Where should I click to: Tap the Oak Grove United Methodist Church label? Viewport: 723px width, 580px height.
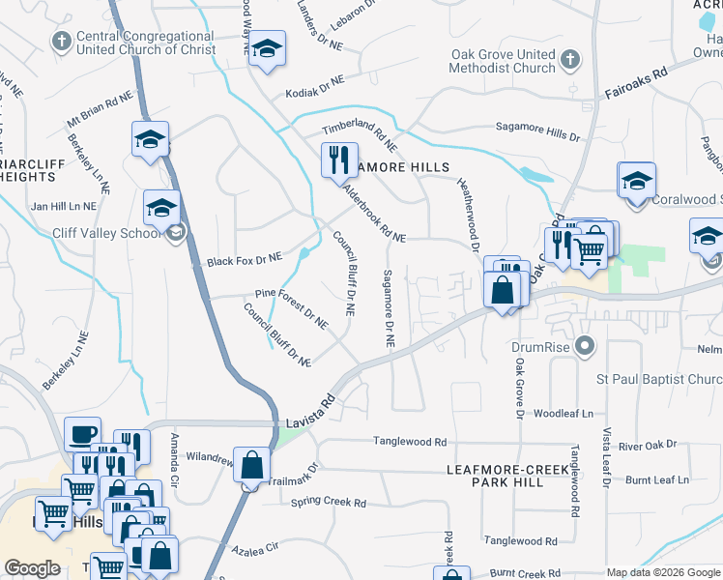point(504,61)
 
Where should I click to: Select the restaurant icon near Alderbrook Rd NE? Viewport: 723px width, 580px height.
point(339,159)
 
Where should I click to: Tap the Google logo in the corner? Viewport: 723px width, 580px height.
point(32,568)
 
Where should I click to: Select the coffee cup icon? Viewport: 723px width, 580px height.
point(82,433)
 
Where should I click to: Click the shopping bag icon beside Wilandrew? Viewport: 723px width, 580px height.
point(251,465)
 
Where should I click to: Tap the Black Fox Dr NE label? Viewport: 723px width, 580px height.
point(244,259)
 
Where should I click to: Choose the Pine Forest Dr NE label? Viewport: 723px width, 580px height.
point(293,302)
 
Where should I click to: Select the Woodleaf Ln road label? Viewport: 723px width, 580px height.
point(564,413)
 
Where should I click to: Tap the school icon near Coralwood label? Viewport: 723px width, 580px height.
point(637,181)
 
